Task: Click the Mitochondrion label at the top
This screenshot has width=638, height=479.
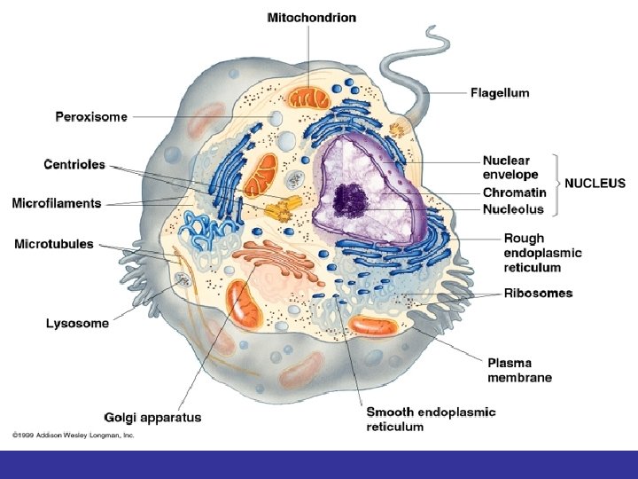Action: click(312, 17)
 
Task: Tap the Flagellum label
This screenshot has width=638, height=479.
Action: click(499, 91)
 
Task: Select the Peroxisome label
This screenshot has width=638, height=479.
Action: click(92, 116)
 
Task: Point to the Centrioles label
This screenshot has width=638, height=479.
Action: click(74, 164)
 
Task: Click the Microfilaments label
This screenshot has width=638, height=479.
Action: click(57, 203)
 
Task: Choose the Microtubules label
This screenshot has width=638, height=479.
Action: click(54, 244)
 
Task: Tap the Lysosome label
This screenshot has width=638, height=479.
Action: click(78, 323)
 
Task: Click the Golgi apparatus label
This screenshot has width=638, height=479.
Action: click(152, 417)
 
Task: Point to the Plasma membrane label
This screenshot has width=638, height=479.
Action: click(519, 369)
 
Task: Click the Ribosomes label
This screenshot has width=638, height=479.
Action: click(538, 293)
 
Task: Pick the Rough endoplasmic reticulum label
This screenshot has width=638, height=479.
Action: click(542, 252)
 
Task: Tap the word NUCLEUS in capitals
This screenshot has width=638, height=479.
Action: click(595, 184)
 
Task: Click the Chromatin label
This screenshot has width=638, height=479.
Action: click(514, 192)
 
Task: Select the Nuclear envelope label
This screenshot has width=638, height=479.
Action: click(506, 168)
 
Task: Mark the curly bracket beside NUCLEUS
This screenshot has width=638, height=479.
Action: click(557, 185)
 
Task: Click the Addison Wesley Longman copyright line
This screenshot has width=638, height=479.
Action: click(73, 436)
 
